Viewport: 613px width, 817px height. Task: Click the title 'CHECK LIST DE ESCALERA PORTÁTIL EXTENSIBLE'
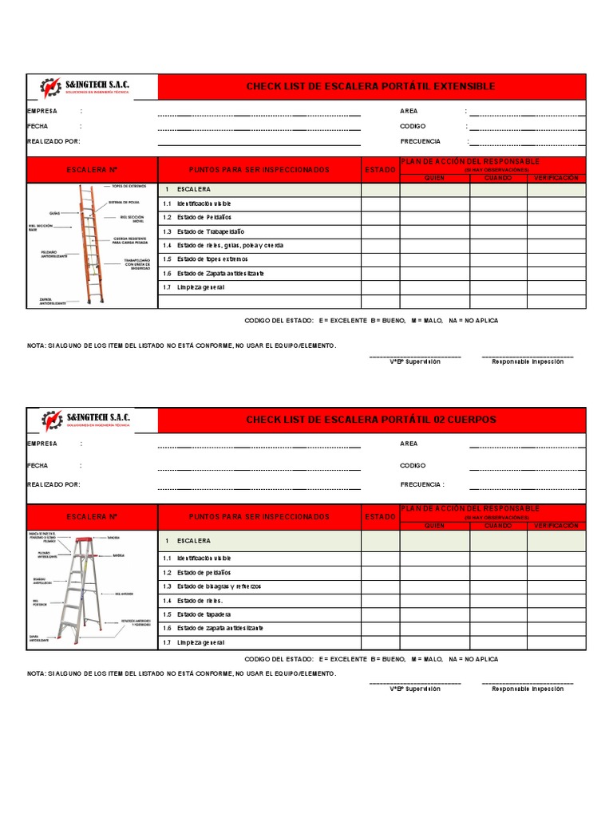(370, 86)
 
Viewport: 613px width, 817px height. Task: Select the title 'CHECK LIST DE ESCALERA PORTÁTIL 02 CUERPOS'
(370, 420)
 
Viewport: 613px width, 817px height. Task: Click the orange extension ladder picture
(90, 244)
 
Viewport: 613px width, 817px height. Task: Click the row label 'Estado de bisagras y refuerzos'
(219, 586)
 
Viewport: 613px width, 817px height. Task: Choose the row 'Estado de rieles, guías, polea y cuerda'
(230, 246)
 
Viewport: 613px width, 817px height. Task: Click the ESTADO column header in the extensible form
(380, 170)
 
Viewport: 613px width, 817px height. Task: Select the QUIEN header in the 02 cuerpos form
(434, 526)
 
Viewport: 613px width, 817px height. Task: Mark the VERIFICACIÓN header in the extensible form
(556, 178)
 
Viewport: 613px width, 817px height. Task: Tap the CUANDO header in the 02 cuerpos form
(498, 526)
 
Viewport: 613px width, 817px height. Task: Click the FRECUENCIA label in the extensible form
(420, 141)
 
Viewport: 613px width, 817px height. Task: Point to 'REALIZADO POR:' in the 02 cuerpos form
(53, 484)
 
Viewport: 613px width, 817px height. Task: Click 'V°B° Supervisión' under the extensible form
(414, 361)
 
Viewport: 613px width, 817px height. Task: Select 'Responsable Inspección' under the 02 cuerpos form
(528, 689)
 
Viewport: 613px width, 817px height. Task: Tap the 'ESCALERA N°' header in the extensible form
(92, 170)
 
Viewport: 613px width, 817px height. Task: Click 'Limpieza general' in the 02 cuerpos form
(200, 642)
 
